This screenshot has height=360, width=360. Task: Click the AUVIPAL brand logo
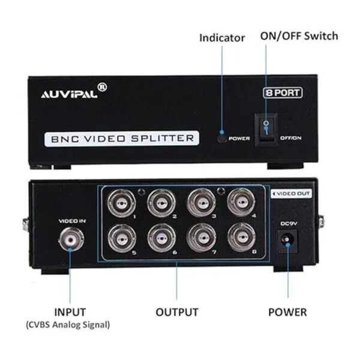pyautogui.click(x=69, y=94)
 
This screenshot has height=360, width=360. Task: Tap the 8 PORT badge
pyautogui.click(x=283, y=93)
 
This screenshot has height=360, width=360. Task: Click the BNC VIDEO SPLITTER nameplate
pyautogui.click(x=122, y=139)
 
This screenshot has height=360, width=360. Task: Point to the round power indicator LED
pyautogui.click(x=221, y=139)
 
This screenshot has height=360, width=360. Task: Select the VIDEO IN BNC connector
pyautogui.click(x=71, y=239)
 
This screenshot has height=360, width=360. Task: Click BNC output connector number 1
pyautogui.click(x=121, y=203)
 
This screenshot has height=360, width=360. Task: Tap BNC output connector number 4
pyautogui.click(x=241, y=202)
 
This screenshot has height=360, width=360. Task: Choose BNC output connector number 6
pyautogui.click(x=161, y=238)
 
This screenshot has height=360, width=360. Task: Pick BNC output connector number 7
pyautogui.click(x=202, y=238)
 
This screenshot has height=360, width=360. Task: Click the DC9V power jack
pyautogui.click(x=287, y=240)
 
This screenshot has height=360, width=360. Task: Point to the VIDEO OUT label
pyautogui.click(x=292, y=194)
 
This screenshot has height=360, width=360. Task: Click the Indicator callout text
pyautogui.click(x=222, y=38)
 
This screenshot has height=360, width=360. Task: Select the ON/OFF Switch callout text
pyautogui.click(x=299, y=36)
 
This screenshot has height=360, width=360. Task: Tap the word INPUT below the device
pyautogui.click(x=70, y=312)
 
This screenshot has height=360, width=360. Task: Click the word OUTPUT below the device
pyautogui.click(x=177, y=312)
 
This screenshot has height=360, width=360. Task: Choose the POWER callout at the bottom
pyautogui.click(x=287, y=312)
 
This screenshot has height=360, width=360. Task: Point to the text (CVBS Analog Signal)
pyautogui.click(x=68, y=325)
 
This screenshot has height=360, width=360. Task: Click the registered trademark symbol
pyautogui.click(x=102, y=87)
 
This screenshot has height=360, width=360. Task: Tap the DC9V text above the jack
pyautogui.click(x=289, y=223)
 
